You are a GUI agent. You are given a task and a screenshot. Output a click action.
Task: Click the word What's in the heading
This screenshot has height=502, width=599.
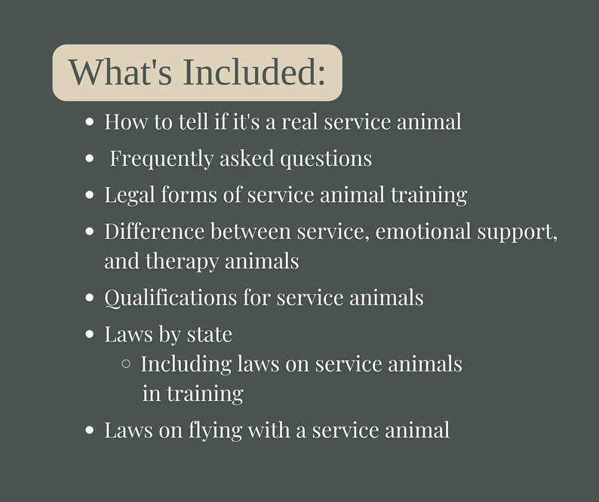(x=119, y=72)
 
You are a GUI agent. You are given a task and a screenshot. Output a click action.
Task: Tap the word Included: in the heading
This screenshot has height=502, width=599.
(x=255, y=72)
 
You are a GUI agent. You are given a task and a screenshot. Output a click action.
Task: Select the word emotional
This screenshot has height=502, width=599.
(x=423, y=231)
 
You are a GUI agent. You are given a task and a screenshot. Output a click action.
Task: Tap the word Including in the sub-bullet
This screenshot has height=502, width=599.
(x=186, y=365)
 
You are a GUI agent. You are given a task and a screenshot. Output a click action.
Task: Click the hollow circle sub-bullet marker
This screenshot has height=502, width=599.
(x=126, y=364)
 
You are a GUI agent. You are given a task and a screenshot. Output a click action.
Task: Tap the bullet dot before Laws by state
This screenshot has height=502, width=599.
(x=91, y=334)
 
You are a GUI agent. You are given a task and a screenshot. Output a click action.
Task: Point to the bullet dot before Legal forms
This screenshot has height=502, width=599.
(x=91, y=195)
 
